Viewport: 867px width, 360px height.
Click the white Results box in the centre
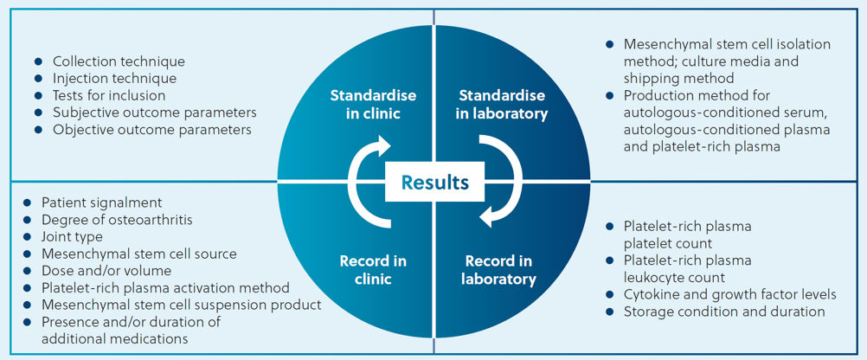[x=434, y=182]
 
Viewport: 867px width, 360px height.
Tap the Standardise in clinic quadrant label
[x=373, y=104]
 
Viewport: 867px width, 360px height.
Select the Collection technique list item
[x=119, y=61]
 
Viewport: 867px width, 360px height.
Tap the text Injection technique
[x=114, y=78]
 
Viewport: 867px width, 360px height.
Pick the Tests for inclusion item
[x=109, y=95]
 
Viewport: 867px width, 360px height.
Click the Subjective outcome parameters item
[x=154, y=112]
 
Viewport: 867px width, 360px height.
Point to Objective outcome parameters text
[x=152, y=130]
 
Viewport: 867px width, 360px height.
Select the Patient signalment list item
[x=102, y=202]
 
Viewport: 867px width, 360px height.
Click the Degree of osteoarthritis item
[x=117, y=220]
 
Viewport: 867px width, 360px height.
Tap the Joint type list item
[x=72, y=236]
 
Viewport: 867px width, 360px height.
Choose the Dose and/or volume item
[x=106, y=271]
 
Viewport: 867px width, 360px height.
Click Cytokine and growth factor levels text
[x=730, y=294]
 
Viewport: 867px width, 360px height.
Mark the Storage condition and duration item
[x=724, y=312]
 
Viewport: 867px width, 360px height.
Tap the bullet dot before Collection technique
[x=37, y=61]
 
